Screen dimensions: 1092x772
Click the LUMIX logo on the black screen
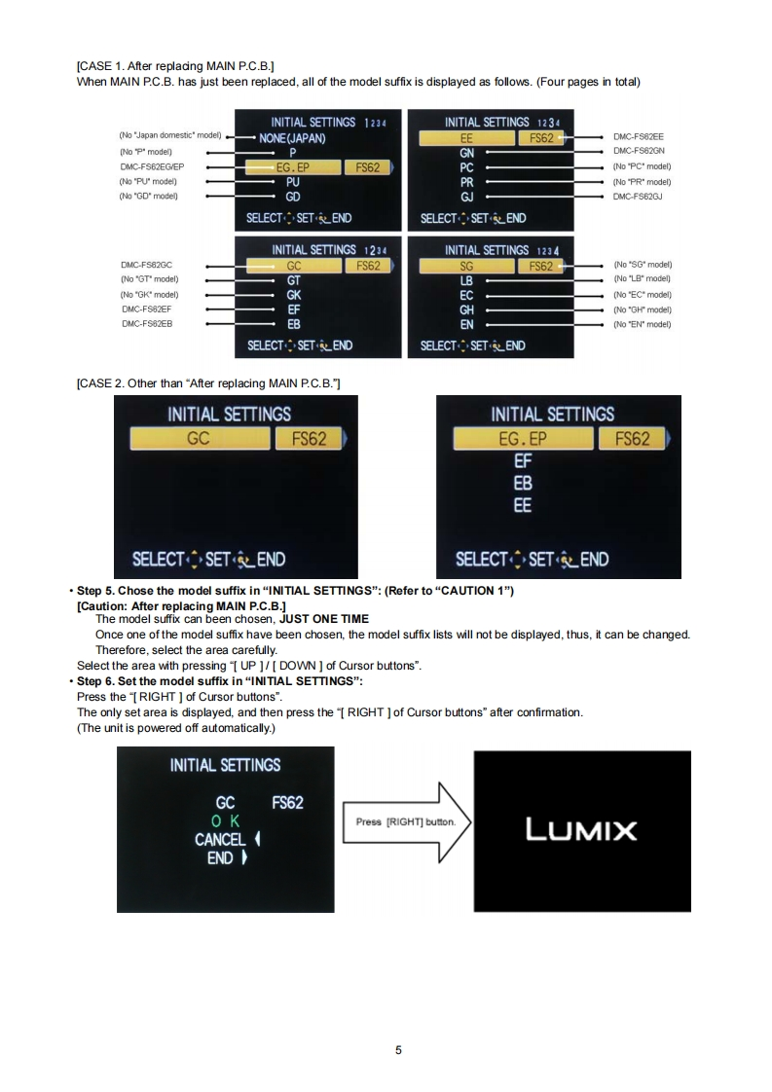[x=581, y=830]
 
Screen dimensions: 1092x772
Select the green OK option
[x=225, y=820]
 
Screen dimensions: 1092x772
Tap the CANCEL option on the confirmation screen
[x=220, y=839]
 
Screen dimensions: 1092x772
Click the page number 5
[x=398, y=1050]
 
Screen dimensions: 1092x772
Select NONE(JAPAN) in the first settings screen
[x=293, y=138]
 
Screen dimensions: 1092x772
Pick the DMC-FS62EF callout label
[x=143, y=309]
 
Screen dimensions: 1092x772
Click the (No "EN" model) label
[x=642, y=324]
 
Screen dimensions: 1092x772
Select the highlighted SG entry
[x=466, y=265]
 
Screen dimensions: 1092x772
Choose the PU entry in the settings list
[x=293, y=182]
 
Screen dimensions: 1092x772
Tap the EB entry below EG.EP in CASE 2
[x=523, y=484]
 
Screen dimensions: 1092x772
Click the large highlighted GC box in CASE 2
[x=199, y=439]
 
